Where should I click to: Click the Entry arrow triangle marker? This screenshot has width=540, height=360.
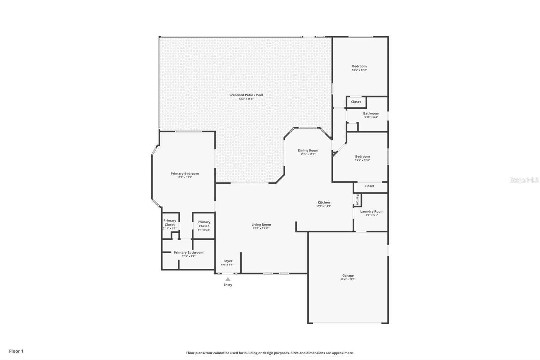click(x=228, y=279)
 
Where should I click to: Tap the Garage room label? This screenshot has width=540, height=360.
click(x=348, y=275)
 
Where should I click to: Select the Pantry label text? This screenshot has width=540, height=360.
click(x=357, y=199)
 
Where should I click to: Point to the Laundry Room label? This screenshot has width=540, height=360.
click(x=372, y=211)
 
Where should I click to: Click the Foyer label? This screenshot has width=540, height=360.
click(x=228, y=261)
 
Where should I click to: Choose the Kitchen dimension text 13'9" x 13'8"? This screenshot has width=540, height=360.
click(x=324, y=206)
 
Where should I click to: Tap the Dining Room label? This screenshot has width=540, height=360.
click(x=308, y=150)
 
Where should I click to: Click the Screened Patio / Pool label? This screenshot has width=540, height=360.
click(x=246, y=95)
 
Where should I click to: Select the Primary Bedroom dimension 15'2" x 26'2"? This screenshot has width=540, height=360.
click(x=185, y=177)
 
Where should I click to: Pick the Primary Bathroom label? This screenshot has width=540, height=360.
click(x=189, y=252)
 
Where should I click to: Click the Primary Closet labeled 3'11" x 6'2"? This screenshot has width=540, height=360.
click(x=170, y=223)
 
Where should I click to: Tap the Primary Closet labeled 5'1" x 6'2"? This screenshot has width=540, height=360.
click(x=204, y=224)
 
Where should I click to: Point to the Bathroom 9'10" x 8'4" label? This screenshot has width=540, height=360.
click(x=371, y=113)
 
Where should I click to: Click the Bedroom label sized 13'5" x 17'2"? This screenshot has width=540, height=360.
click(x=359, y=66)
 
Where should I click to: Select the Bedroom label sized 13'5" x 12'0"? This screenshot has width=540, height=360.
click(x=362, y=156)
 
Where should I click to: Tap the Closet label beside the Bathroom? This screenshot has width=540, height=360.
click(x=356, y=102)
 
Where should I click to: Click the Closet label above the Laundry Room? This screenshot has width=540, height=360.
click(x=369, y=186)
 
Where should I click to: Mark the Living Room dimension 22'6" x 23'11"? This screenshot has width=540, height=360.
click(x=261, y=228)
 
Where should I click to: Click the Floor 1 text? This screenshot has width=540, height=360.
click(x=16, y=351)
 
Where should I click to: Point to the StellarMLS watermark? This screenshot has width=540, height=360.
click(x=524, y=180)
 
